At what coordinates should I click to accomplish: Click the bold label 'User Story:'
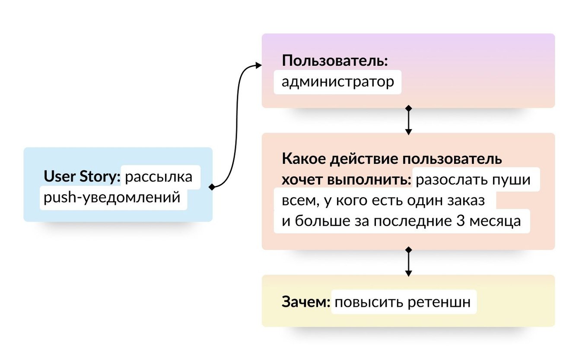tap(82, 177)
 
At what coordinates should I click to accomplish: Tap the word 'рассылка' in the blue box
tap(158, 177)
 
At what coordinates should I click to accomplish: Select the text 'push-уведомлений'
tap(111, 198)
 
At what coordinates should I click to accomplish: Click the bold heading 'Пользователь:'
tap(335, 61)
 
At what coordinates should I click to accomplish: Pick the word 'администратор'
tap(337, 82)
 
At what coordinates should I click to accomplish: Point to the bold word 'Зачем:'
tap(305, 302)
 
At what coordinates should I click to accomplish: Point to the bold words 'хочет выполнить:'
tap(347, 179)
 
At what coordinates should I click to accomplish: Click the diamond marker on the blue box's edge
tap(212, 187)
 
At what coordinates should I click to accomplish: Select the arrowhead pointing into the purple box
tap(258, 65)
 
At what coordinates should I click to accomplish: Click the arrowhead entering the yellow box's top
tap(408, 273)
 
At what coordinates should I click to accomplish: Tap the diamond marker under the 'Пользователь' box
tap(408, 108)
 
